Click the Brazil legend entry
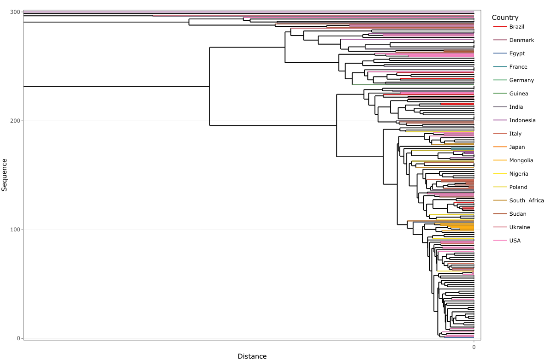coord(516,27)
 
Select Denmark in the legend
coord(521,40)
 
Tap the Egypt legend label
coord(517,53)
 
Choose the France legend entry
coord(518,67)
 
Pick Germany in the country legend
coord(521,80)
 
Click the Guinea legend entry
coord(519,94)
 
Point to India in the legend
coord(516,107)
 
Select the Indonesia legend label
coord(522,120)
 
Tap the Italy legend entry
coord(515,134)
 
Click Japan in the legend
coord(517,147)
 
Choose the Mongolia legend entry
coord(521,160)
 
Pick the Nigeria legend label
coord(519,174)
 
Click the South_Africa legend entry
coord(527,201)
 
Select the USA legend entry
coord(515,241)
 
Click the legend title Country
coord(505,18)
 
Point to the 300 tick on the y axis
coord(15,12)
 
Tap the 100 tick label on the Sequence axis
coord(15,230)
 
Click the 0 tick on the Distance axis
coord(474,347)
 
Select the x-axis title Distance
coord(252,356)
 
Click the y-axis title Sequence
coord(5,175)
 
